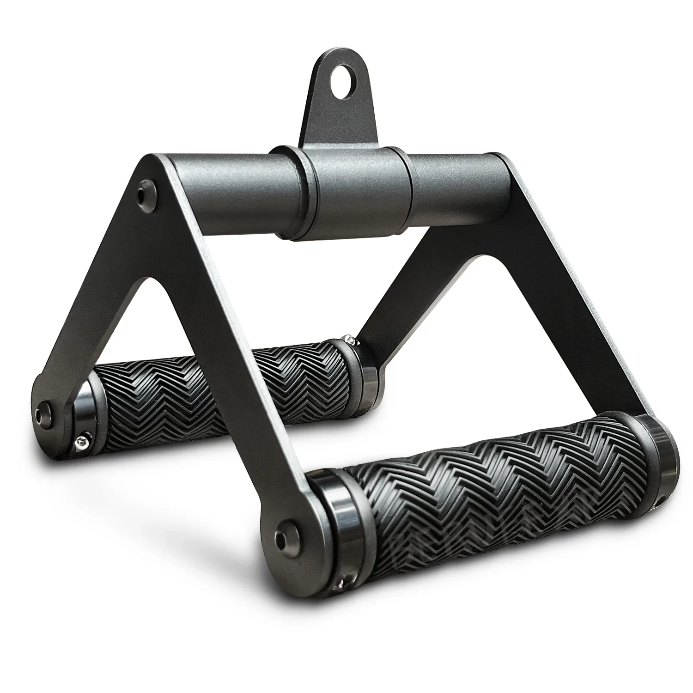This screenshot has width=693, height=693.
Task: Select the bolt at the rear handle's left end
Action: (45, 409)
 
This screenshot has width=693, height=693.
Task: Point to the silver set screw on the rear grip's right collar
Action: (352, 340)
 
